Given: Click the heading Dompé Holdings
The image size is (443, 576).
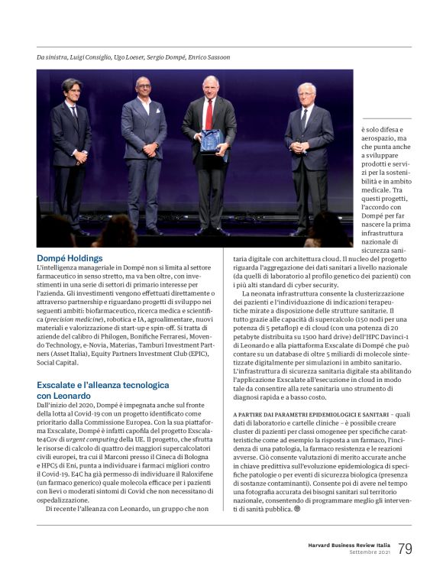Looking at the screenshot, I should point(70,258).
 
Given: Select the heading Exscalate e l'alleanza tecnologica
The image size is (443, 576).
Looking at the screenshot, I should point(102,385).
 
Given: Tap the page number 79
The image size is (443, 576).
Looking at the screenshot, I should point(406,548).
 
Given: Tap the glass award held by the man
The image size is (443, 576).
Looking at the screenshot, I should point(209,141).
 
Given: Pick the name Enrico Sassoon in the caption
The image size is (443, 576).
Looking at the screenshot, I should point(205,57).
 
